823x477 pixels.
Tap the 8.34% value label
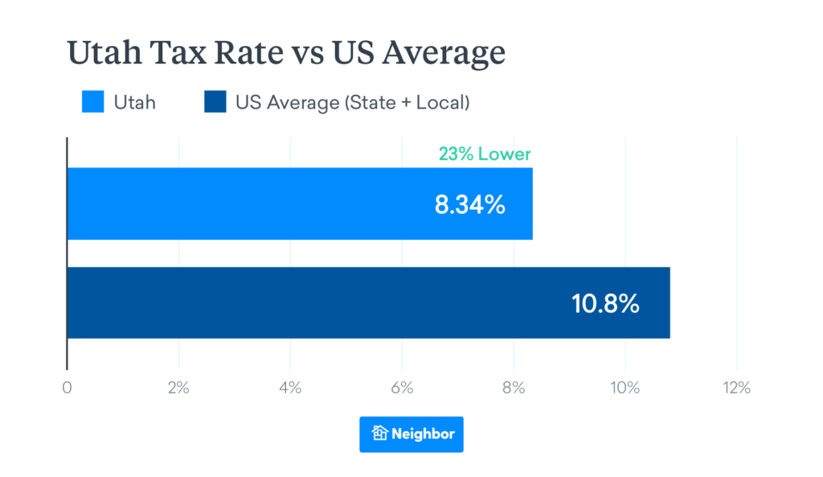coord(469,204)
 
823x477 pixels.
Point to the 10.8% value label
coord(605,303)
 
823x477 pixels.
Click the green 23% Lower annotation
coord(484,154)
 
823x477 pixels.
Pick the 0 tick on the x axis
coord(67,388)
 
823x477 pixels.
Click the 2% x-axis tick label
coord(178,388)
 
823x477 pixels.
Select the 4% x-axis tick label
coord(289,388)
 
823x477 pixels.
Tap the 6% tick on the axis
coord(401,388)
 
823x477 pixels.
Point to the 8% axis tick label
coord(513,388)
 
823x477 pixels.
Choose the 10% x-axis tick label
coord(624,388)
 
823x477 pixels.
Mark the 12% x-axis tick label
coord(736,388)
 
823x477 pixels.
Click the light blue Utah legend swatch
coord(92,103)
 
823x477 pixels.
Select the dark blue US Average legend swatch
coord(215,103)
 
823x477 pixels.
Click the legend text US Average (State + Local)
coord(352,103)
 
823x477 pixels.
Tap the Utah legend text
coord(134,103)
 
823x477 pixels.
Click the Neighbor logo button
coord(411,434)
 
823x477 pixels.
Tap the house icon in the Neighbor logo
coord(379,434)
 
